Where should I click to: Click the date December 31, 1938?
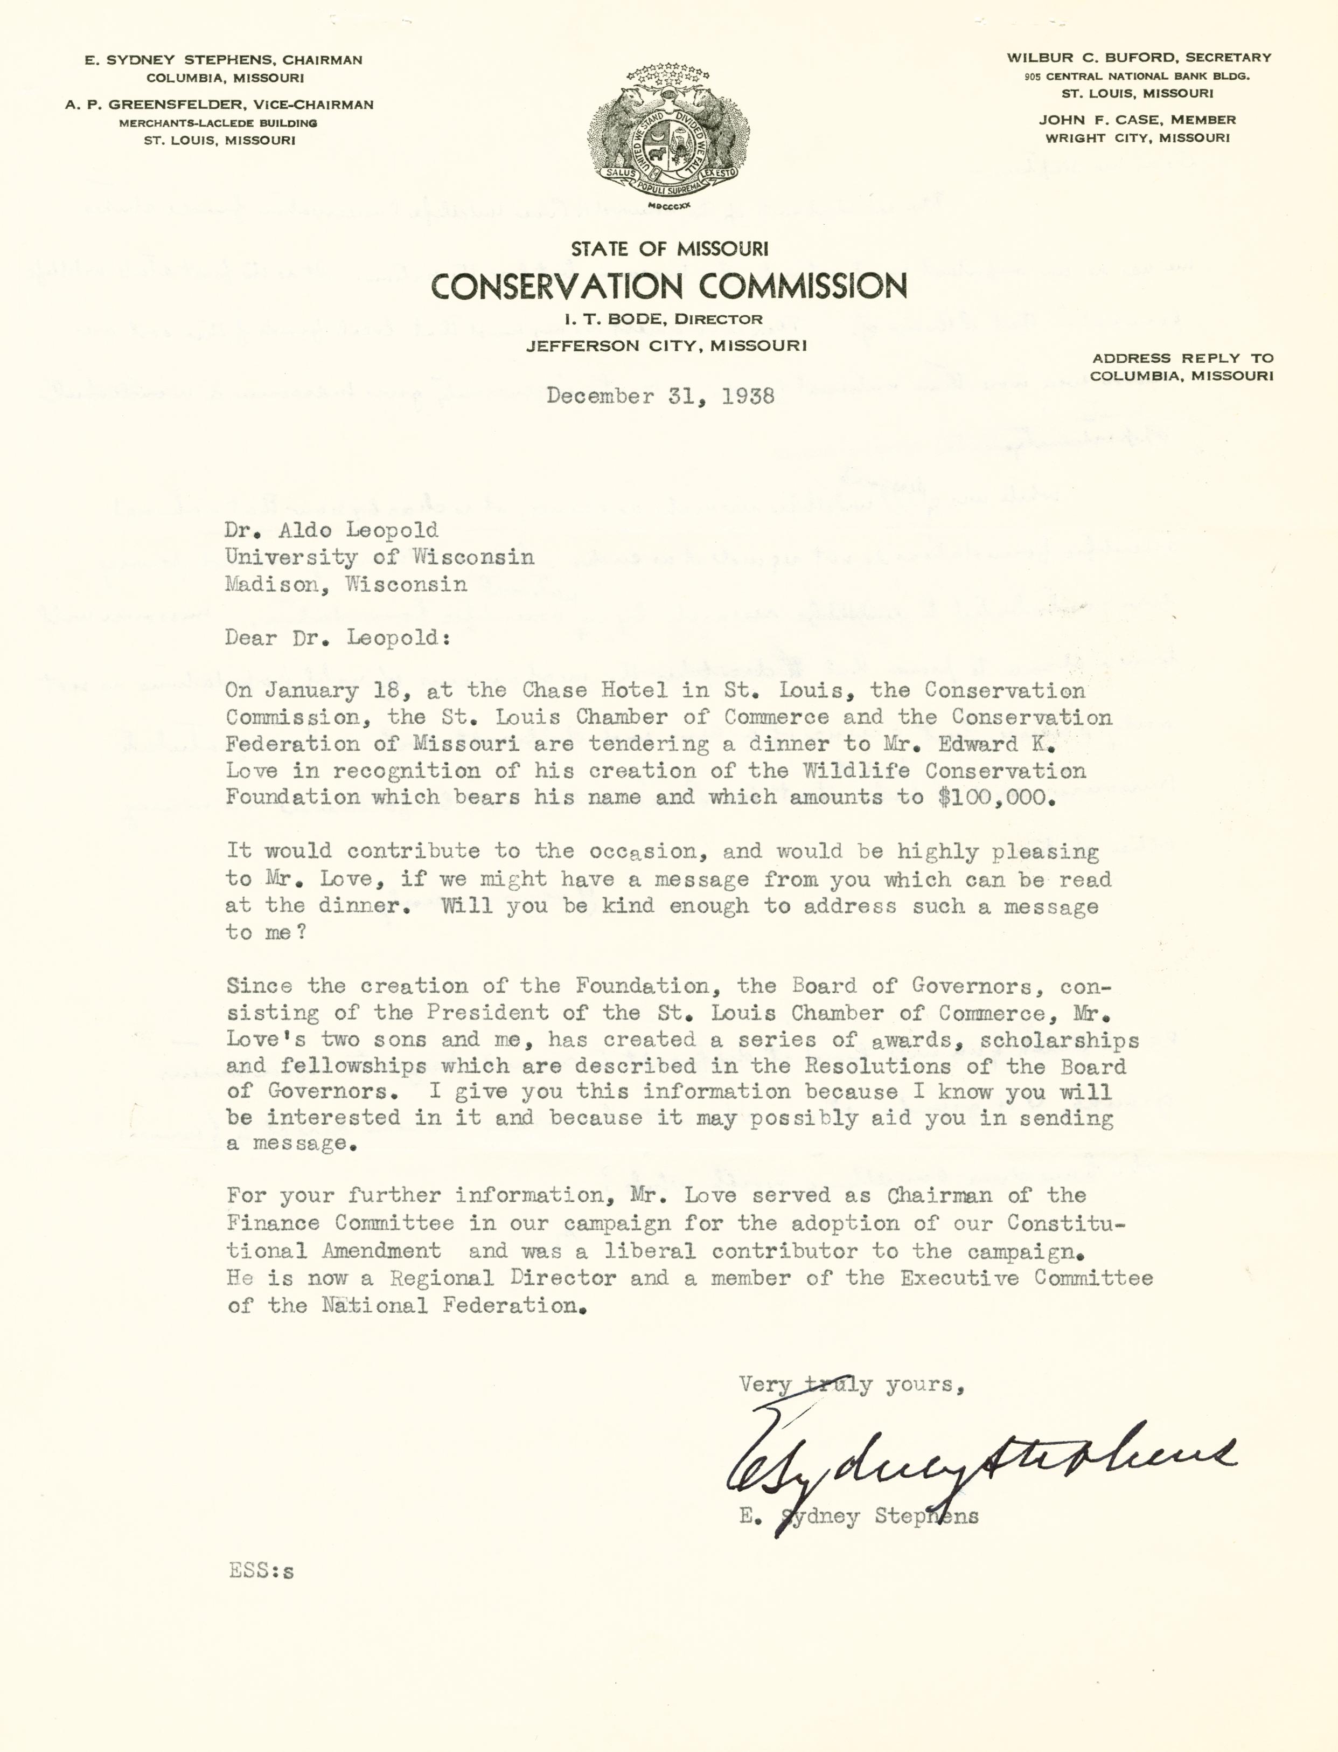pyautogui.click(x=660, y=397)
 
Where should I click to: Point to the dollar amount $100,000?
pyautogui.click(x=997, y=798)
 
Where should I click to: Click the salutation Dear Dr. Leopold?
pyautogui.click(x=331, y=638)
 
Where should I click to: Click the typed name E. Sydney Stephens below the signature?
pyautogui.click(x=859, y=1515)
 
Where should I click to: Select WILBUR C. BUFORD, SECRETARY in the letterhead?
pyautogui.click(x=1139, y=57)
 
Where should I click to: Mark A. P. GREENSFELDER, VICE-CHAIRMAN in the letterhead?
pyautogui.click(x=220, y=105)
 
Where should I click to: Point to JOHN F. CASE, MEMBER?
pyautogui.click(x=1137, y=120)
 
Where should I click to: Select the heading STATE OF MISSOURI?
pyautogui.click(x=669, y=250)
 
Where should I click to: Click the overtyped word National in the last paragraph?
pyautogui.click(x=374, y=1306)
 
